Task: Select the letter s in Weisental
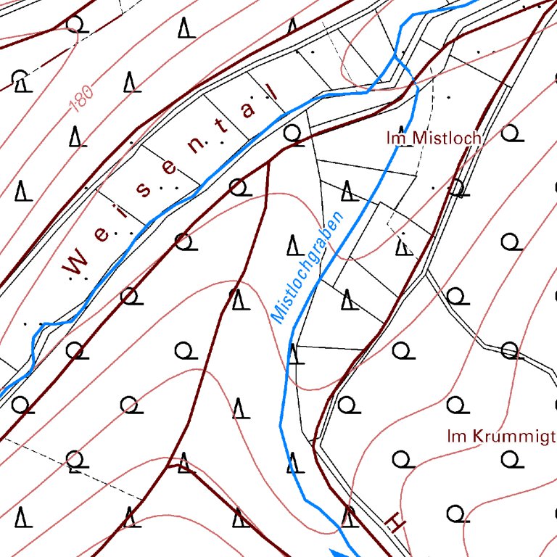(145, 191)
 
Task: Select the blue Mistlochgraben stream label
(308, 264)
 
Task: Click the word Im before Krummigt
(456, 436)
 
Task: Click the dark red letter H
(394, 521)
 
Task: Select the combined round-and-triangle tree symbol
(21, 81)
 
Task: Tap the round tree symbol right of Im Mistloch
(511, 133)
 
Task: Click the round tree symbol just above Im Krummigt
(458, 405)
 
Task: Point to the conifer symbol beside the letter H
(349, 516)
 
